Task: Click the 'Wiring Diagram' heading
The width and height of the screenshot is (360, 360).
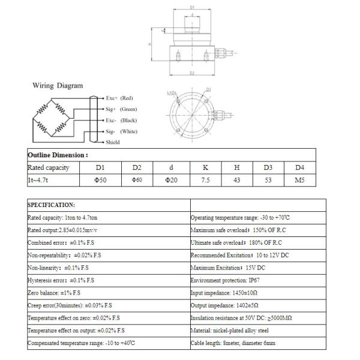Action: point(58,86)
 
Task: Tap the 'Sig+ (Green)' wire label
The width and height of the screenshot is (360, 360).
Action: point(121,109)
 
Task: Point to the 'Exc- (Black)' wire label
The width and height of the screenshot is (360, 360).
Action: point(121,120)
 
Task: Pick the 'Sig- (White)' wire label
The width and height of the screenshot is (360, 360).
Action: point(121,131)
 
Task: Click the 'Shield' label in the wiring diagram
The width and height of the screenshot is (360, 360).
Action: point(113,142)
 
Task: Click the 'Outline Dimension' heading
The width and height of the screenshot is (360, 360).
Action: point(54,155)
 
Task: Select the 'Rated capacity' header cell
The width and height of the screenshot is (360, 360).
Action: point(49,167)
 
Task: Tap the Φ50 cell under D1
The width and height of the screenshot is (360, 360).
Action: point(100,180)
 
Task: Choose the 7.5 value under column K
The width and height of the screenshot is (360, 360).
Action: point(206,180)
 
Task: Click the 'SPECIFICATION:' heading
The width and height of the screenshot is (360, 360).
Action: point(52,205)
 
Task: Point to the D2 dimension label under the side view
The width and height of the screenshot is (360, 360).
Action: point(191,74)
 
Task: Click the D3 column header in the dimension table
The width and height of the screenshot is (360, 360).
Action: point(268,167)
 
